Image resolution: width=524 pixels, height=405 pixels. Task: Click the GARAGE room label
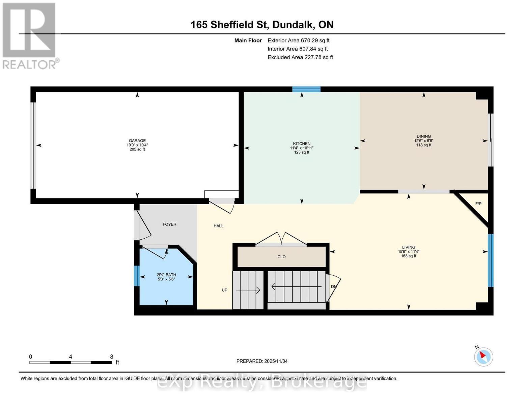pyautogui.click(x=137, y=140)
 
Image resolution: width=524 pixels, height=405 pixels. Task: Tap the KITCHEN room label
pyautogui.click(x=301, y=143)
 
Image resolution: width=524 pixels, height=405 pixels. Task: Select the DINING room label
pyautogui.click(x=423, y=136)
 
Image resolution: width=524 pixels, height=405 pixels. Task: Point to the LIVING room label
pyautogui.click(x=409, y=247)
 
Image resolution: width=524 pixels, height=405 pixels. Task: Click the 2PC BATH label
pyautogui.click(x=166, y=275)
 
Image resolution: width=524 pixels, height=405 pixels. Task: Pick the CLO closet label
pyautogui.click(x=281, y=257)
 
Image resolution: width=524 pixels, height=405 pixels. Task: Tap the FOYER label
pyautogui.click(x=169, y=224)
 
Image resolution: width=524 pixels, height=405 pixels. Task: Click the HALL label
pyautogui.click(x=218, y=226)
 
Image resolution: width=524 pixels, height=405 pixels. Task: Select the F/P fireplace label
pyautogui.click(x=478, y=204)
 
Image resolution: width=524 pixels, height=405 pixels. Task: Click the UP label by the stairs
pyautogui.click(x=224, y=290)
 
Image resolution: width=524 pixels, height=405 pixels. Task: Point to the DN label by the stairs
pyautogui.click(x=334, y=287)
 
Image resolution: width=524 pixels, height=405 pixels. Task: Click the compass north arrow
pyautogui.click(x=482, y=355)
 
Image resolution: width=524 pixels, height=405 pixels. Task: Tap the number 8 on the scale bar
pyautogui.click(x=111, y=356)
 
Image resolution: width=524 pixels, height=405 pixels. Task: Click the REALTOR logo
pyautogui.click(x=30, y=36)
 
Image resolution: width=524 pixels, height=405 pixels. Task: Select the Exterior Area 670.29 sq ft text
pyautogui.click(x=298, y=40)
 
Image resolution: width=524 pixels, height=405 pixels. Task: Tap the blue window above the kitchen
pyautogui.click(x=306, y=89)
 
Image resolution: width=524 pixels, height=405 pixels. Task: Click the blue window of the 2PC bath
pyautogui.click(x=137, y=276)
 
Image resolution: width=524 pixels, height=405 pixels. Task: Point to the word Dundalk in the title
pyautogui.click(x=293, y=25)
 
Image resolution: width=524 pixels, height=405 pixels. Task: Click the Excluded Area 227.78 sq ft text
pyautogui.click(x=300, y=57)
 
